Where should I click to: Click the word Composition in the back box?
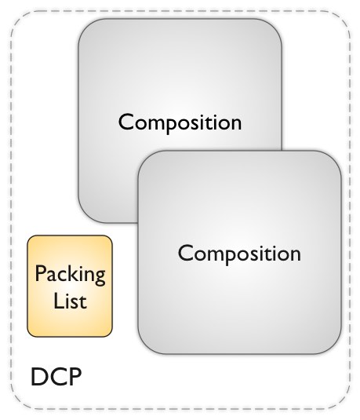tap(180, 122)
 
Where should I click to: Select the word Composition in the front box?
tap(239, 254)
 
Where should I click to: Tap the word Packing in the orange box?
tap(70, 275)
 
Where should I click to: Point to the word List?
tap(70, 301)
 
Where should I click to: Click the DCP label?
tap(56, 377)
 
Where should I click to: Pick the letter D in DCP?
tap(38, 377)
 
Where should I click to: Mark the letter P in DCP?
tap(75, 377)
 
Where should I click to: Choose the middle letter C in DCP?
tap(56, 377)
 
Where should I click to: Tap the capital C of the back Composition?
tap(125, 122)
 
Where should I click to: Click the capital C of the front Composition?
tap(185, 253)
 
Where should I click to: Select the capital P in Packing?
tap(41, 273)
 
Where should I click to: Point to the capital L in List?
tap(59, 301)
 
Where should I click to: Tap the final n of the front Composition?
tap(295, 256)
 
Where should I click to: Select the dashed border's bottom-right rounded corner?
tap(340, 400)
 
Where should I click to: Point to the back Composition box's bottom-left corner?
tap(84, 217)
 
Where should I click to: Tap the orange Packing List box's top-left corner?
tap(30, 238)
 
